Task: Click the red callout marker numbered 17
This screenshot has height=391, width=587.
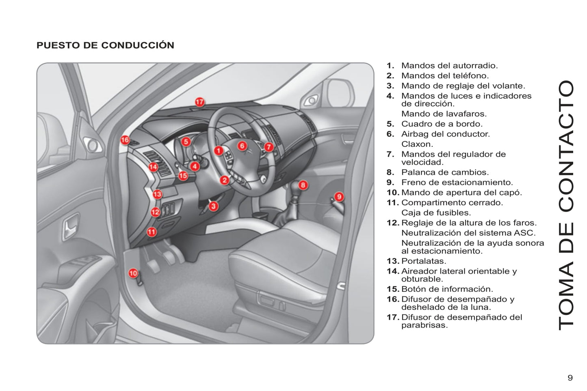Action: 199,102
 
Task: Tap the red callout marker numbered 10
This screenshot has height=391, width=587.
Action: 133,273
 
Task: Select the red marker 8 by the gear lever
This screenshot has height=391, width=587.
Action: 303,185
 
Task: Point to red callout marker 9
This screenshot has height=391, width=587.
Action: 339,197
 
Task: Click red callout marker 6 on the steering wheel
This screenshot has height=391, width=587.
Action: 242,146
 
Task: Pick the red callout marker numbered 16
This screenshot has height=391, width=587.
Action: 125,140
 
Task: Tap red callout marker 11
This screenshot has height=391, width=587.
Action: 152,232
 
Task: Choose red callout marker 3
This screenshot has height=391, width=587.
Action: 214,206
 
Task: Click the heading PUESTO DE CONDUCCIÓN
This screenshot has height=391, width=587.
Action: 105,45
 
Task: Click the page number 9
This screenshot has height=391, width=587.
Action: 570,378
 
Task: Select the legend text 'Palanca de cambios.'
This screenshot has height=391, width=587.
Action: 445,172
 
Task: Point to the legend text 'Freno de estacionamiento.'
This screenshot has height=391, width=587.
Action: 457,183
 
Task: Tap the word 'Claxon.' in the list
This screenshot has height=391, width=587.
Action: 417,144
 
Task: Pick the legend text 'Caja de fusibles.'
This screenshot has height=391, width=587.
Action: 436,213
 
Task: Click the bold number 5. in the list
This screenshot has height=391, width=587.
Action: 390,124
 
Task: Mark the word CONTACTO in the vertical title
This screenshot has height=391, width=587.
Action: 565,146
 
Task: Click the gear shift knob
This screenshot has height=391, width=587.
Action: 295,190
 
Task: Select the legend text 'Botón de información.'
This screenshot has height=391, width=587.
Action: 447,289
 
